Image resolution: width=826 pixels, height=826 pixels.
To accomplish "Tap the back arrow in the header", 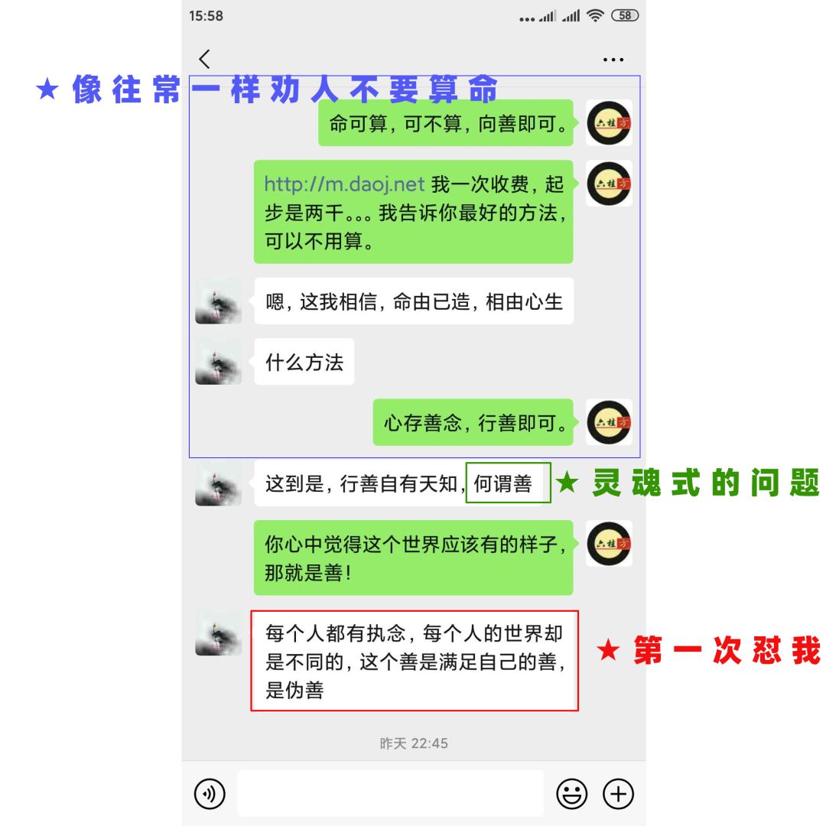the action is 204,59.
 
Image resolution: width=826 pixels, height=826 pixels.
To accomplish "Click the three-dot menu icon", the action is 613,60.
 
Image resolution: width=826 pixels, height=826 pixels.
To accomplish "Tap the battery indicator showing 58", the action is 626,15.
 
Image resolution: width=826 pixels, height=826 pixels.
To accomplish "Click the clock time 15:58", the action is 206,16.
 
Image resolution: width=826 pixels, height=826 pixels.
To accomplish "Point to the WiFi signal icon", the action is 595,15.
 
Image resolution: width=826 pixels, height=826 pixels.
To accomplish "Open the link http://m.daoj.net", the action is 344,184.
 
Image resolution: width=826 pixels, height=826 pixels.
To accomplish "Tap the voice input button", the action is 210,794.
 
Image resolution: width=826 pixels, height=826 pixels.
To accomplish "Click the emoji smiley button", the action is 571,794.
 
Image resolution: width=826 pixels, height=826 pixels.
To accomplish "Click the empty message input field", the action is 390,794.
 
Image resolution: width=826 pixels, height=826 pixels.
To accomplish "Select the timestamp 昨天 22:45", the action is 414,743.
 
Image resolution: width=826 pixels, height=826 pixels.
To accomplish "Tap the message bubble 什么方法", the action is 304,362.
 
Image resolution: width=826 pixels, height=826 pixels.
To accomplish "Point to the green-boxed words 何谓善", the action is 504,483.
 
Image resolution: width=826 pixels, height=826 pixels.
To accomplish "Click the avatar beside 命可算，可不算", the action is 609,123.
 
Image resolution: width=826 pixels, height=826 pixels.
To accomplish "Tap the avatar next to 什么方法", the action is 219,362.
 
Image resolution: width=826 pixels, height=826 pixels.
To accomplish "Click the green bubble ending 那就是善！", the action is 413,558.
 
